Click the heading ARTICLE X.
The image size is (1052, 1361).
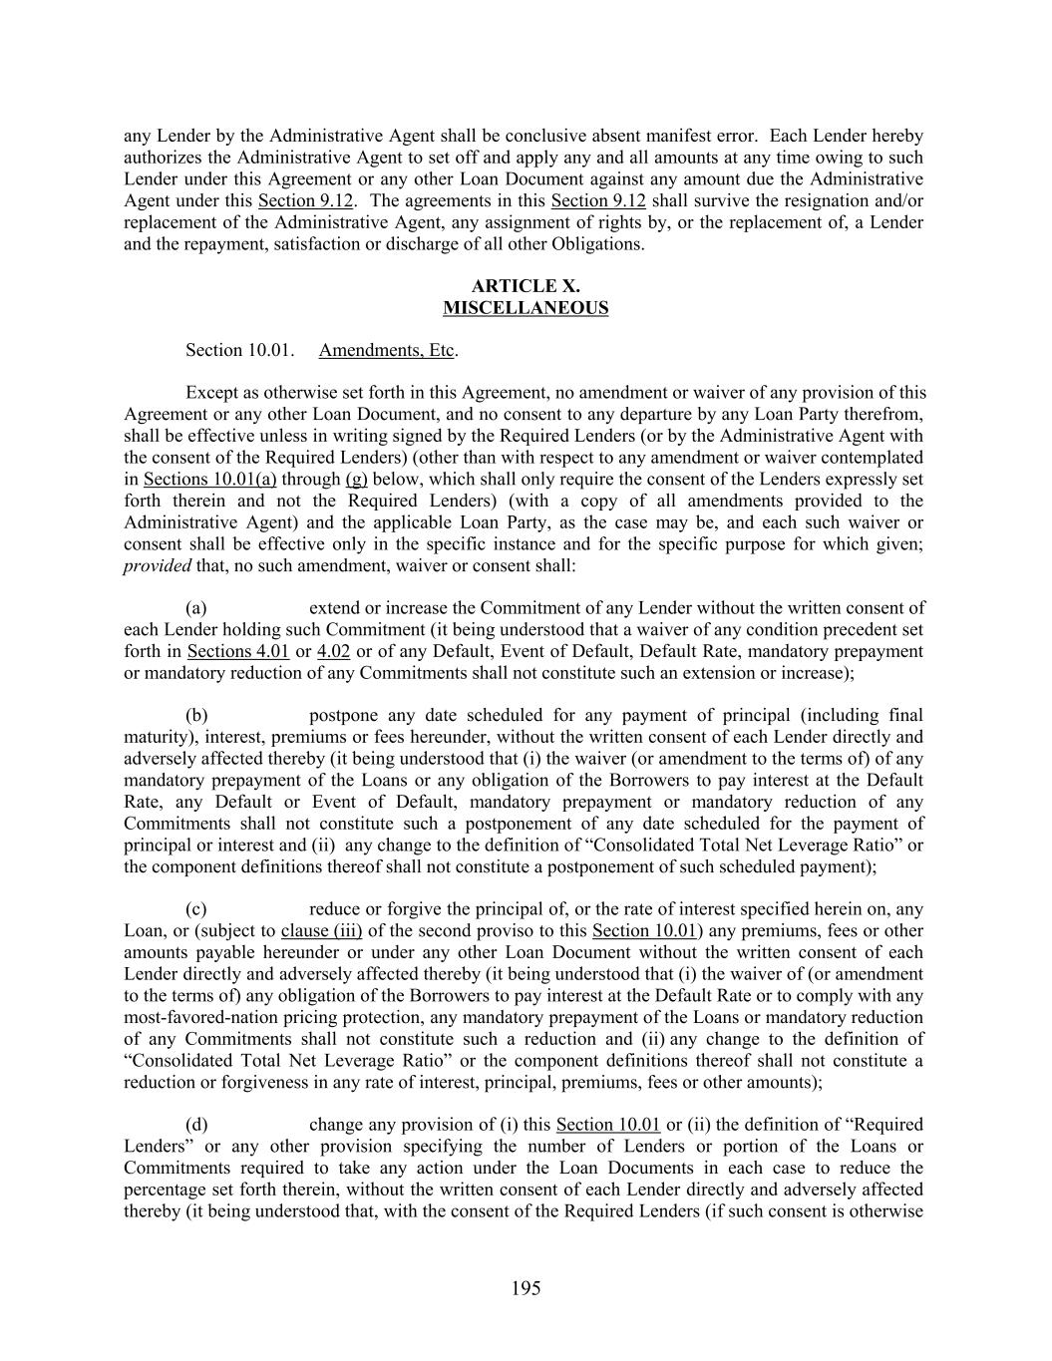pyautogui.click(x=526, y=286)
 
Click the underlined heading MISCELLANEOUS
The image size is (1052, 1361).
pyautogui.click(x=526, y=308)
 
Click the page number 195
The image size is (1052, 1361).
pyautogui.click(x=526, y=1288)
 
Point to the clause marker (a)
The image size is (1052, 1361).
pyautogui.click(x=196, y=608)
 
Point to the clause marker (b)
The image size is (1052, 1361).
pyautogui.click(x=196, y=716)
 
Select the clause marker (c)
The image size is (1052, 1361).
pyautogui.click(x=196, y=909)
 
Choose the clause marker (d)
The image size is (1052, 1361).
pyautogui.click(x=196, y=1125)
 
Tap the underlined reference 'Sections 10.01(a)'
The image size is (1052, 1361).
pyautogui.click(x=209, y=479)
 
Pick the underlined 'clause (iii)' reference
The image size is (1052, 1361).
pyautogui.click(x=321, y=931)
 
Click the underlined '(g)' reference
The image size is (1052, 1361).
pyautogui.click(x=356, y=479)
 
